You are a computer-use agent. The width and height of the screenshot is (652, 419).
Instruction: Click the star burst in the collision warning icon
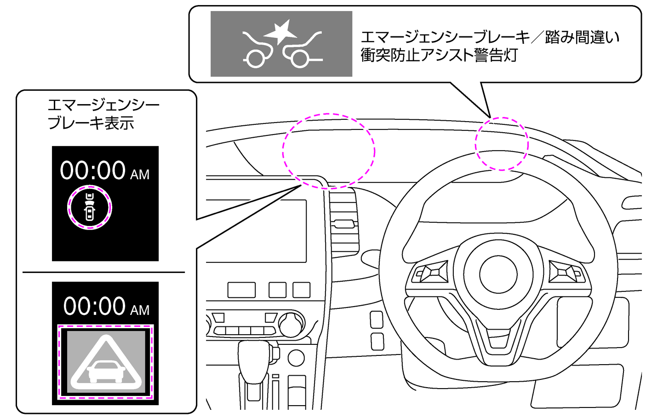click(x=281, y=32)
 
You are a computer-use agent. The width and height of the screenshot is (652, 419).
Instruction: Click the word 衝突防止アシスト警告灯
click(x=439, y=55)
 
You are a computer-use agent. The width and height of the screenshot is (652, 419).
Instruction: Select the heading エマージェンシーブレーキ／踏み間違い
click(x=490, y=37)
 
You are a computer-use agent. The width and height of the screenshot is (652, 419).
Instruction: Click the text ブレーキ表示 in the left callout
click(x=91, y=123)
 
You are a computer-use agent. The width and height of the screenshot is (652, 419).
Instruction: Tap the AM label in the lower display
click(x=140, y=310)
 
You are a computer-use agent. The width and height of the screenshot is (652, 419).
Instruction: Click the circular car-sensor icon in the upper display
click(x=90, y=207)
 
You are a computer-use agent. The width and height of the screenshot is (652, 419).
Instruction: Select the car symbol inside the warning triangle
click(x=106, y=372)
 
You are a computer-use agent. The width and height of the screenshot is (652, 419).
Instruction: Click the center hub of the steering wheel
click(x=498, y=274)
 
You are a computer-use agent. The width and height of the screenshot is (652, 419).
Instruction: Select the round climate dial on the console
click(x=291, y=324)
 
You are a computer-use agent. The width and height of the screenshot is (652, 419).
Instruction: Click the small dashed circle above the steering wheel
click(x=502, y=144)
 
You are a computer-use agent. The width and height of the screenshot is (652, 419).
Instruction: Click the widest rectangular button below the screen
click(x=241, y=290)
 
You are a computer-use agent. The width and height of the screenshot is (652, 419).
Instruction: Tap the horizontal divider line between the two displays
click(x=103, y=272)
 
